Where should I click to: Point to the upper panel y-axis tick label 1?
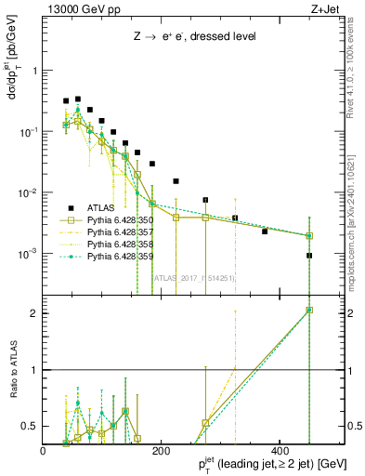36,71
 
